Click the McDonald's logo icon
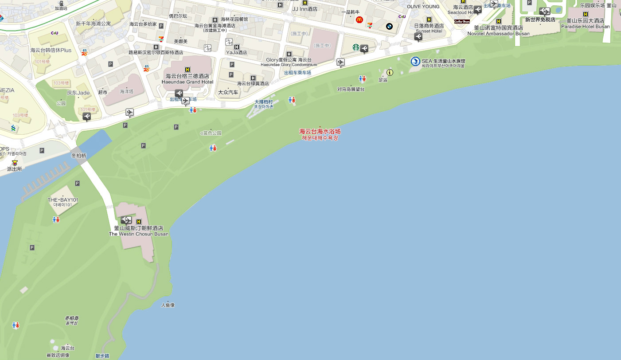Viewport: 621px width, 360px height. pos(359,20)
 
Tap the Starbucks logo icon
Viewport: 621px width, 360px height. pos(355,47)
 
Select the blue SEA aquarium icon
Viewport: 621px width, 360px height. pos(415,62)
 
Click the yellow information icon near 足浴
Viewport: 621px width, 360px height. pos(390,72)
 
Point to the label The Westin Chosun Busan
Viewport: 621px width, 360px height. pos(138,234)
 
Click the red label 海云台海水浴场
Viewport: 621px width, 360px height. pos(320,132)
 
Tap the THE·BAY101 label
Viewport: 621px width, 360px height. pos(62,200)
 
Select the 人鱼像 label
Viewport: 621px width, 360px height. pos(168,305)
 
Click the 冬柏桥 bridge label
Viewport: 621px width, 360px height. pos(78,156)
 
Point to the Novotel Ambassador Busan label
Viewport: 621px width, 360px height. pos(499,33)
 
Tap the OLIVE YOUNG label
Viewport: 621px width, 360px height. pos(423,7)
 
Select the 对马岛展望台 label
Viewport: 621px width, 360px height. pos(351,89)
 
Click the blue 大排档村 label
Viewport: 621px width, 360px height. pos(263,102)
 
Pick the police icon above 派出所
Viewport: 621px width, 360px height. pos(15,163)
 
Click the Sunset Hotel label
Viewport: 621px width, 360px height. pos(429,31)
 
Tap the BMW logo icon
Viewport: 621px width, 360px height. pos(389,26)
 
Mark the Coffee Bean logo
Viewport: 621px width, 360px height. pos(461,21)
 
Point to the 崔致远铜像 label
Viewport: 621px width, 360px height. pos(58,355)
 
